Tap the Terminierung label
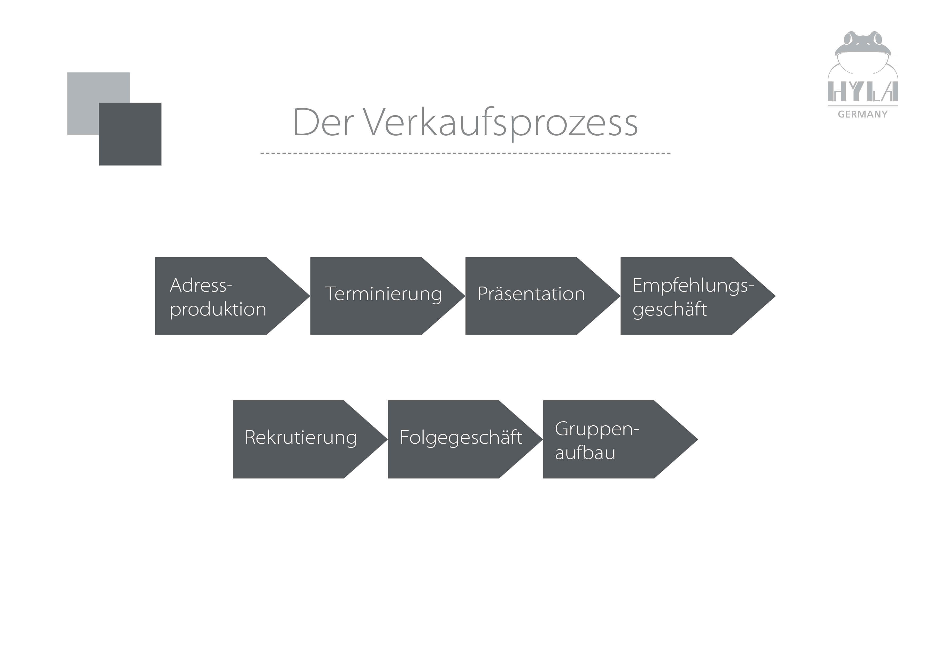click(383, 294)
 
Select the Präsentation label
click(531, 294)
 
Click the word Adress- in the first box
click(201, 285)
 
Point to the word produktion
click(218, 310)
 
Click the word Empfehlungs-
click(693, 285)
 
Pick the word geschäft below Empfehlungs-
click(670, 309)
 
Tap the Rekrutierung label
click(301, 438)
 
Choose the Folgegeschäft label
click(461, 438)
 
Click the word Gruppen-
click(597, 429)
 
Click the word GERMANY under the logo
click(863, 115)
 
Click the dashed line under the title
click(465, 153)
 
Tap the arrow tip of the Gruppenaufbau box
click(685, 439)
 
